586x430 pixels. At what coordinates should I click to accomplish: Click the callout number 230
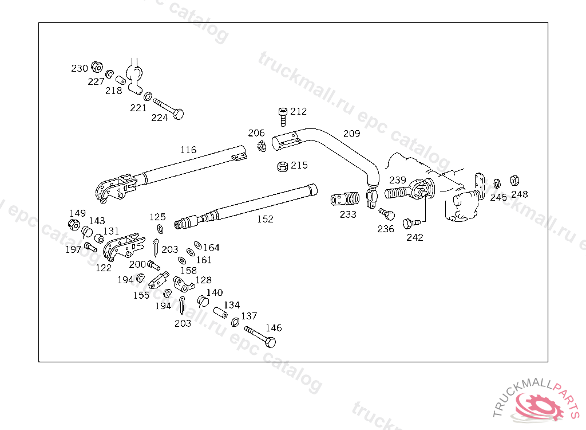[79, 68]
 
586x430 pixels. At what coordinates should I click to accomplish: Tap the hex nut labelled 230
[97, 67]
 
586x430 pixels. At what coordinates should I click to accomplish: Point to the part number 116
[188, 150]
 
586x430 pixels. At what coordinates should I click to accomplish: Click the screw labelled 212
[283, 116]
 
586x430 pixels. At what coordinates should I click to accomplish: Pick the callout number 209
[352, 134]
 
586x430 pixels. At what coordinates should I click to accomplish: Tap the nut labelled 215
[283, 166]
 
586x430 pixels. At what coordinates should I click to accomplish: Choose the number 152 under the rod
[265, 219]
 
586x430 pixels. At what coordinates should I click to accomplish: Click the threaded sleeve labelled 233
[345, 199]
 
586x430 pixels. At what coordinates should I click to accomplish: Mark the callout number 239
[397, 180]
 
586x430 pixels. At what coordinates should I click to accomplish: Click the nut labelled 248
[514, 181]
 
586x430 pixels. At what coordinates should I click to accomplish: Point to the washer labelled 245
[497, 184]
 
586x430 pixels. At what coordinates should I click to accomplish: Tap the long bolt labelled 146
[260, 337]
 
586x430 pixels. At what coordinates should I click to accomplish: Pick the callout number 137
[249, 316]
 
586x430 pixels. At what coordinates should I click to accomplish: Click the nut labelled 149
[74, 225]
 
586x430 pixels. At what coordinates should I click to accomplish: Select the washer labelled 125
[160, 229]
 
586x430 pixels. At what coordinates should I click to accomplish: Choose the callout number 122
[104, 268]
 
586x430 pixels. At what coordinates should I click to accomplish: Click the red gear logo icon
[538, 406]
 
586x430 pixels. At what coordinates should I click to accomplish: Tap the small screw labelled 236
[387, 214]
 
